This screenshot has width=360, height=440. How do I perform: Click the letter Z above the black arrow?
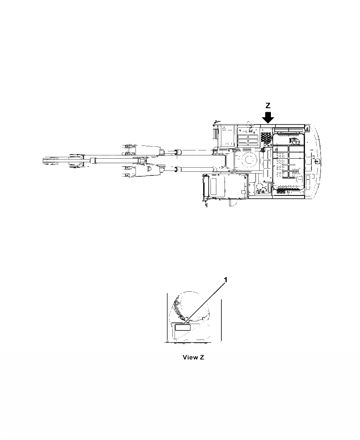coord(268,105)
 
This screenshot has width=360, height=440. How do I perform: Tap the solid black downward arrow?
coord(268,117)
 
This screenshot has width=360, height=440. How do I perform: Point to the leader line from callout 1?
coord(205,302)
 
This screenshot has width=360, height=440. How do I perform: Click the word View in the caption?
coord(190,357)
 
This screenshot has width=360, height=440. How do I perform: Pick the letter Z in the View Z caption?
coord(201,357)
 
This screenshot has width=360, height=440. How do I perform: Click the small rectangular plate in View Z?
coord(182,327)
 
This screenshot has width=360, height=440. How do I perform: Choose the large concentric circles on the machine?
coord(248,160)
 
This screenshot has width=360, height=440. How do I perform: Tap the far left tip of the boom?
coord(44,160)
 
